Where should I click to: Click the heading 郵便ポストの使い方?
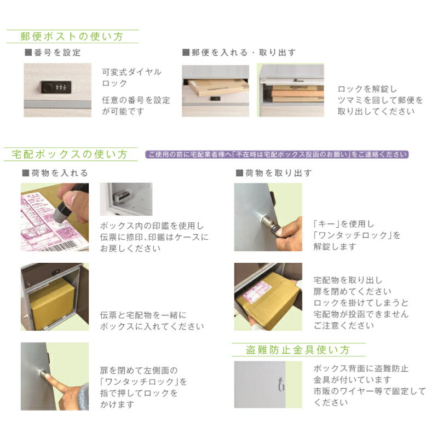(x=72, y=36)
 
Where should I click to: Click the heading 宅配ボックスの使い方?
(x=70, y=154)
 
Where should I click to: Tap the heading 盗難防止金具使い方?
(x=298, y=350)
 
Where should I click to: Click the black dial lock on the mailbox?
(x=56, y=87)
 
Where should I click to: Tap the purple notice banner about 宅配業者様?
(x=277, y=154)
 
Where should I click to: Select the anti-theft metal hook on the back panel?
(x=282, y=384)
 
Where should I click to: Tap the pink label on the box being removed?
(x=256, y=292)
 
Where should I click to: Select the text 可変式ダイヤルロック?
(x=131, y=78)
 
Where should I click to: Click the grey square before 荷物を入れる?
(x=26, y=173)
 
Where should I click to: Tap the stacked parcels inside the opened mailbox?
(x=297, y=94)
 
